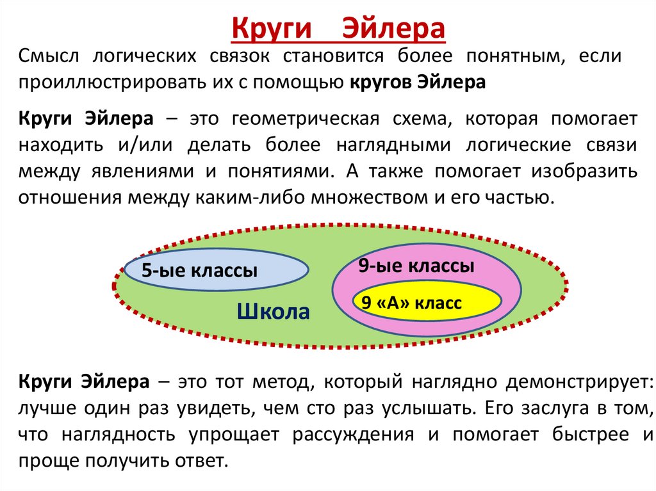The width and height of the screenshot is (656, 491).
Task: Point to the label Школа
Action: click(274, 312)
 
